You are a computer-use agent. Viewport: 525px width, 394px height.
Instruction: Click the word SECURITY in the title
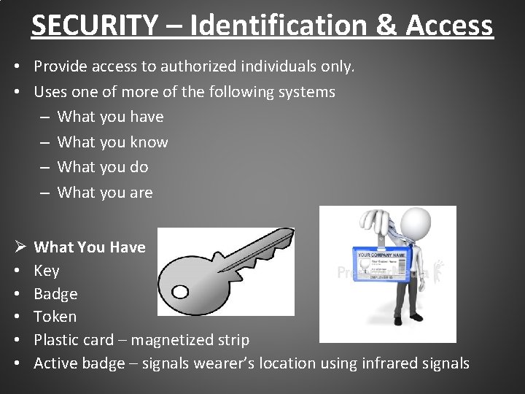pos(93,26)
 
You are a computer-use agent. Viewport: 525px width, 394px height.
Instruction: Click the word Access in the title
pos(451,26)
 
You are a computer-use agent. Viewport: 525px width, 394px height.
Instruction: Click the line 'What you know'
pos(112,142)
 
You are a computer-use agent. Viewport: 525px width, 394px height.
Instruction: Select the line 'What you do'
pos(103,167)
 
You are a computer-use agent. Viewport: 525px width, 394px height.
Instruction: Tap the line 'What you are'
pos(105,193)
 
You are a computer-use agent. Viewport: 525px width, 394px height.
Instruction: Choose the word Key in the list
pos(47,271)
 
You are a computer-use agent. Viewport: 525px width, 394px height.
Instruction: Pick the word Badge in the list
pos(55,294)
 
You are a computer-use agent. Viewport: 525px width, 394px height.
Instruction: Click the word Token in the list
pos(55,317)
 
